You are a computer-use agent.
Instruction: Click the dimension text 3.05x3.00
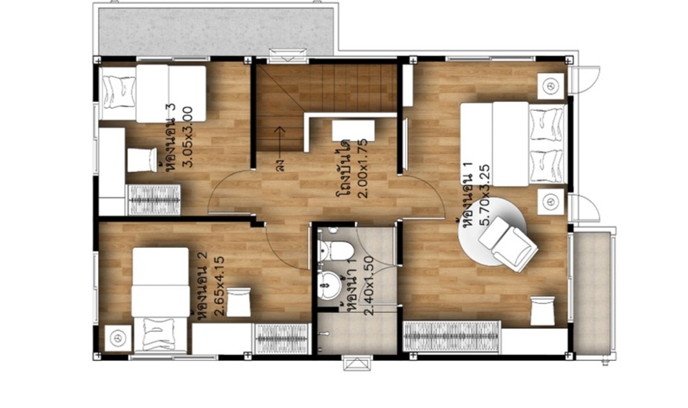[187, 136]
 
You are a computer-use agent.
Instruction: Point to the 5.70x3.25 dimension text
[485, 194]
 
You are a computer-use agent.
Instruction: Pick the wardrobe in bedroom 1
[452, 337]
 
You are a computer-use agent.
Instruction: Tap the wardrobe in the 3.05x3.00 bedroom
[154, 200]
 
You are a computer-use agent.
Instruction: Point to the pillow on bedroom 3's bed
[119, 92]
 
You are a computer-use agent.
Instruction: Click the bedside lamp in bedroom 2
[118, 338]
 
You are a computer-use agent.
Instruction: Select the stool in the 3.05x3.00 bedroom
[142, 160]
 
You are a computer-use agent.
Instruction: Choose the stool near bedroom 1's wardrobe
[543, 311]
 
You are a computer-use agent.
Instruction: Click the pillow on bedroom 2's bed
[159, 334]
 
